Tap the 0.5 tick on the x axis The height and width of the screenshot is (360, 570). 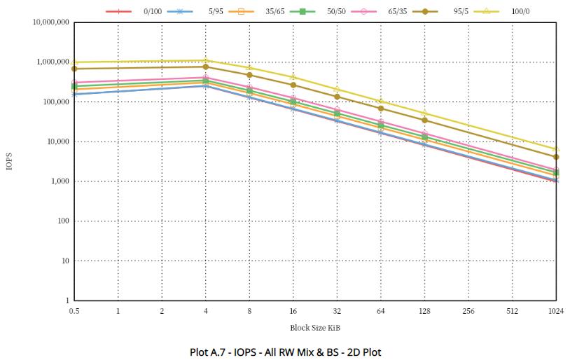74,311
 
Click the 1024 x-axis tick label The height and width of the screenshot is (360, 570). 557,311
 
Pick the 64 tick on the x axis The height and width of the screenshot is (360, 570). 381,311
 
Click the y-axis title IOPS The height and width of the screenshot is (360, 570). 10,162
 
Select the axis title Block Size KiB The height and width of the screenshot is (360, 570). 315,328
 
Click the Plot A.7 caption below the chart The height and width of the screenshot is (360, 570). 286,352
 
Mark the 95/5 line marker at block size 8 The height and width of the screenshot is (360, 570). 249,75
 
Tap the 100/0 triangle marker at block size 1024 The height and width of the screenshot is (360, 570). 557,148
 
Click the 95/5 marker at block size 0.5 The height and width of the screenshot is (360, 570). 74,69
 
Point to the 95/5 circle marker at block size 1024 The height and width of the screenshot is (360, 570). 557,157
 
